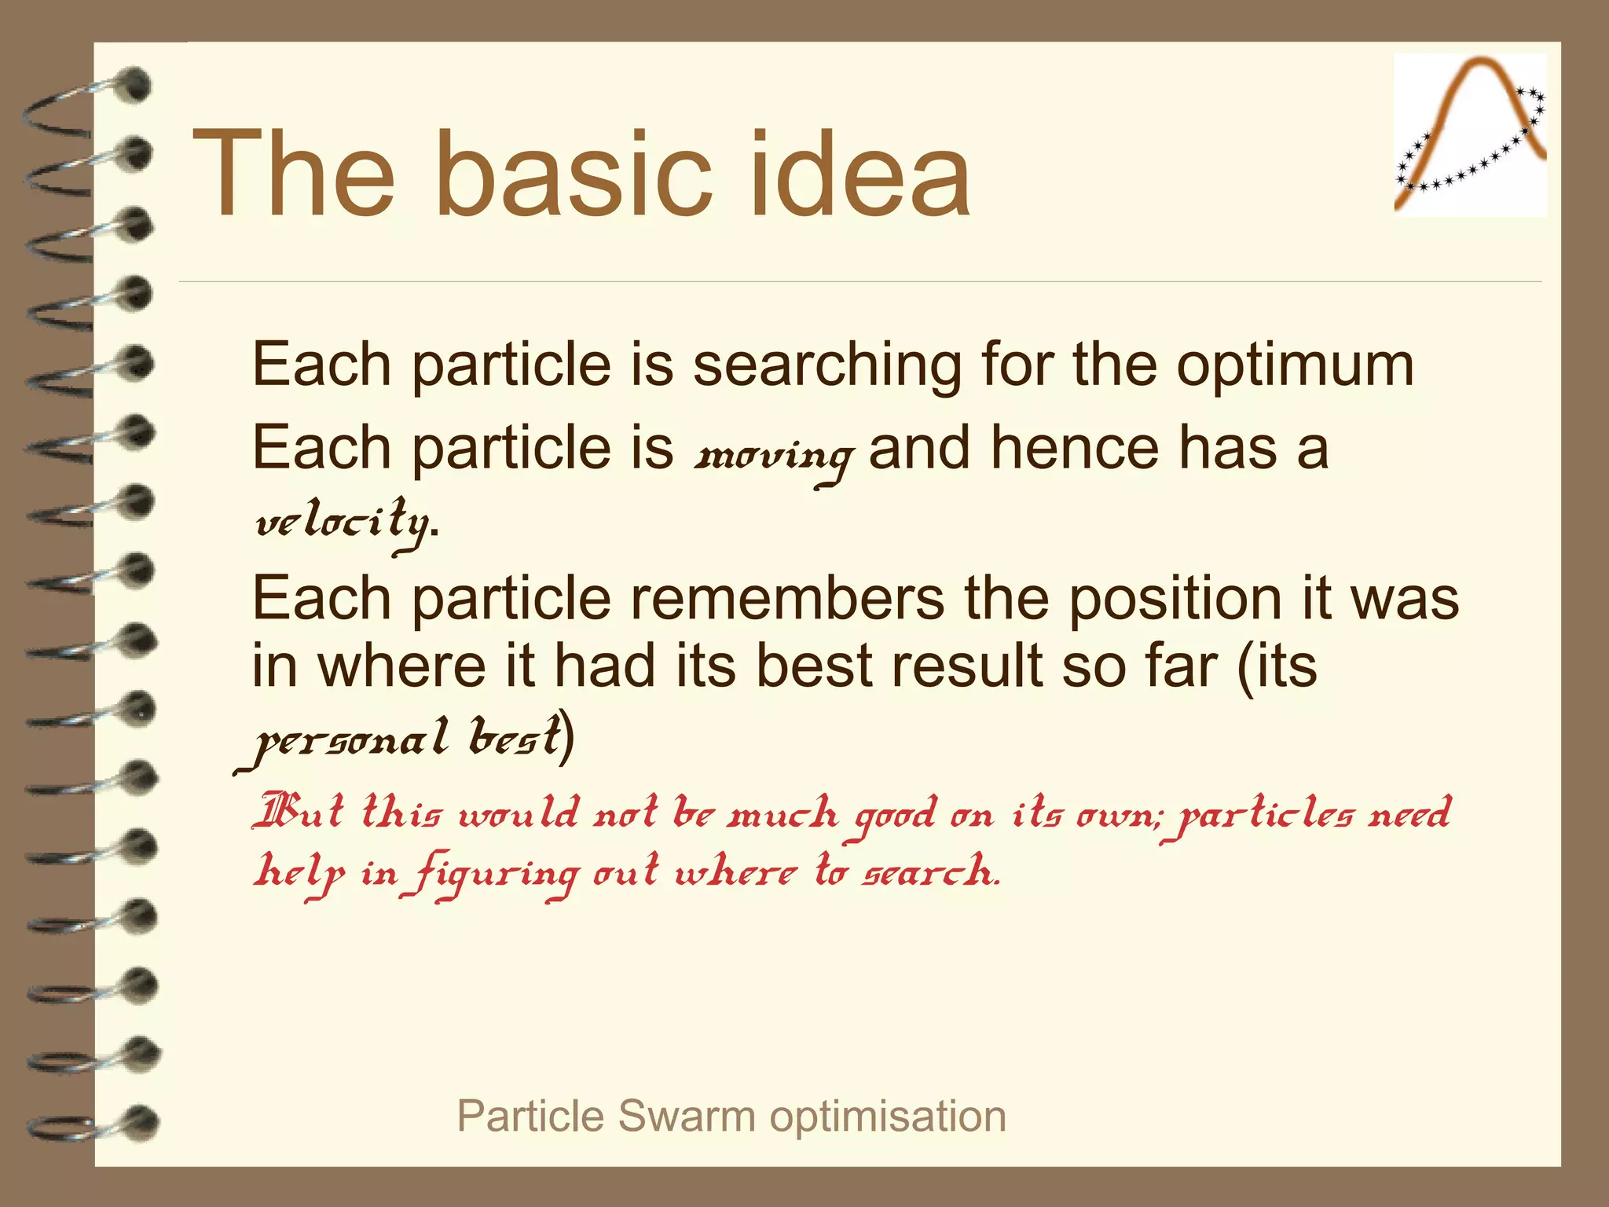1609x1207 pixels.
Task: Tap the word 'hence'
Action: [x=1073, y=448]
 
